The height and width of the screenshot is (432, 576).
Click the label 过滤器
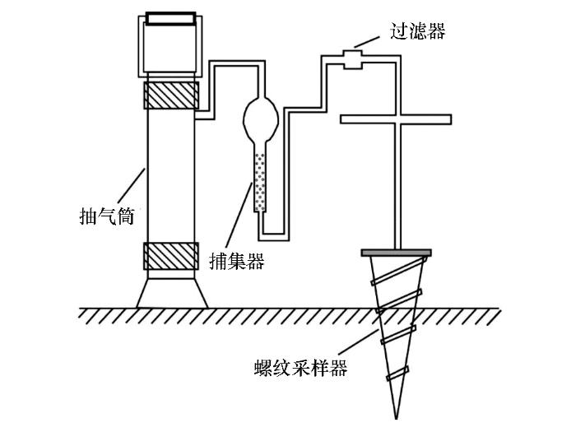click(418, 31)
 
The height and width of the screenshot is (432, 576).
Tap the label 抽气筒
click(107, 216)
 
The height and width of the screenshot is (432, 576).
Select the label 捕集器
click(237, 261)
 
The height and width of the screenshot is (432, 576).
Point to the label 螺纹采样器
click(301, 368)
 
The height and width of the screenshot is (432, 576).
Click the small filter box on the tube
click(353, 59)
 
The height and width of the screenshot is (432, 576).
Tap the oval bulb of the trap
click(261, 119)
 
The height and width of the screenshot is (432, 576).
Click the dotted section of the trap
click(260, 182)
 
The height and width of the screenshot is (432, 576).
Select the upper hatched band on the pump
click(171, 95)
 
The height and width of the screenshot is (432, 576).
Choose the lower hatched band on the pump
click(171, 257)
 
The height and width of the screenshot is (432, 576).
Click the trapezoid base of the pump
click(172, 294)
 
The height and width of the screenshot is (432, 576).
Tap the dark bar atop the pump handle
click(170, 18)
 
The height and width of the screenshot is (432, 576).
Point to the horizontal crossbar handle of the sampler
click(396, 119)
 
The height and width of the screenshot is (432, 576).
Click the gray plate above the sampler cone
click(396, 253)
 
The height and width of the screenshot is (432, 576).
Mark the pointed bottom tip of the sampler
click(396, 418)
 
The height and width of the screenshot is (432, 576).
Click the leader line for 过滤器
click(367, 42)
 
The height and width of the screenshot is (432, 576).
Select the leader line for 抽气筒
click(132, 186)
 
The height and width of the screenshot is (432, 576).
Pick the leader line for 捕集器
click(239, 216)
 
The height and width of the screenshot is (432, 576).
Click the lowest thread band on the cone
click(397, 374)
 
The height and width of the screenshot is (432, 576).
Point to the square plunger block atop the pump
click(170, 48)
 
